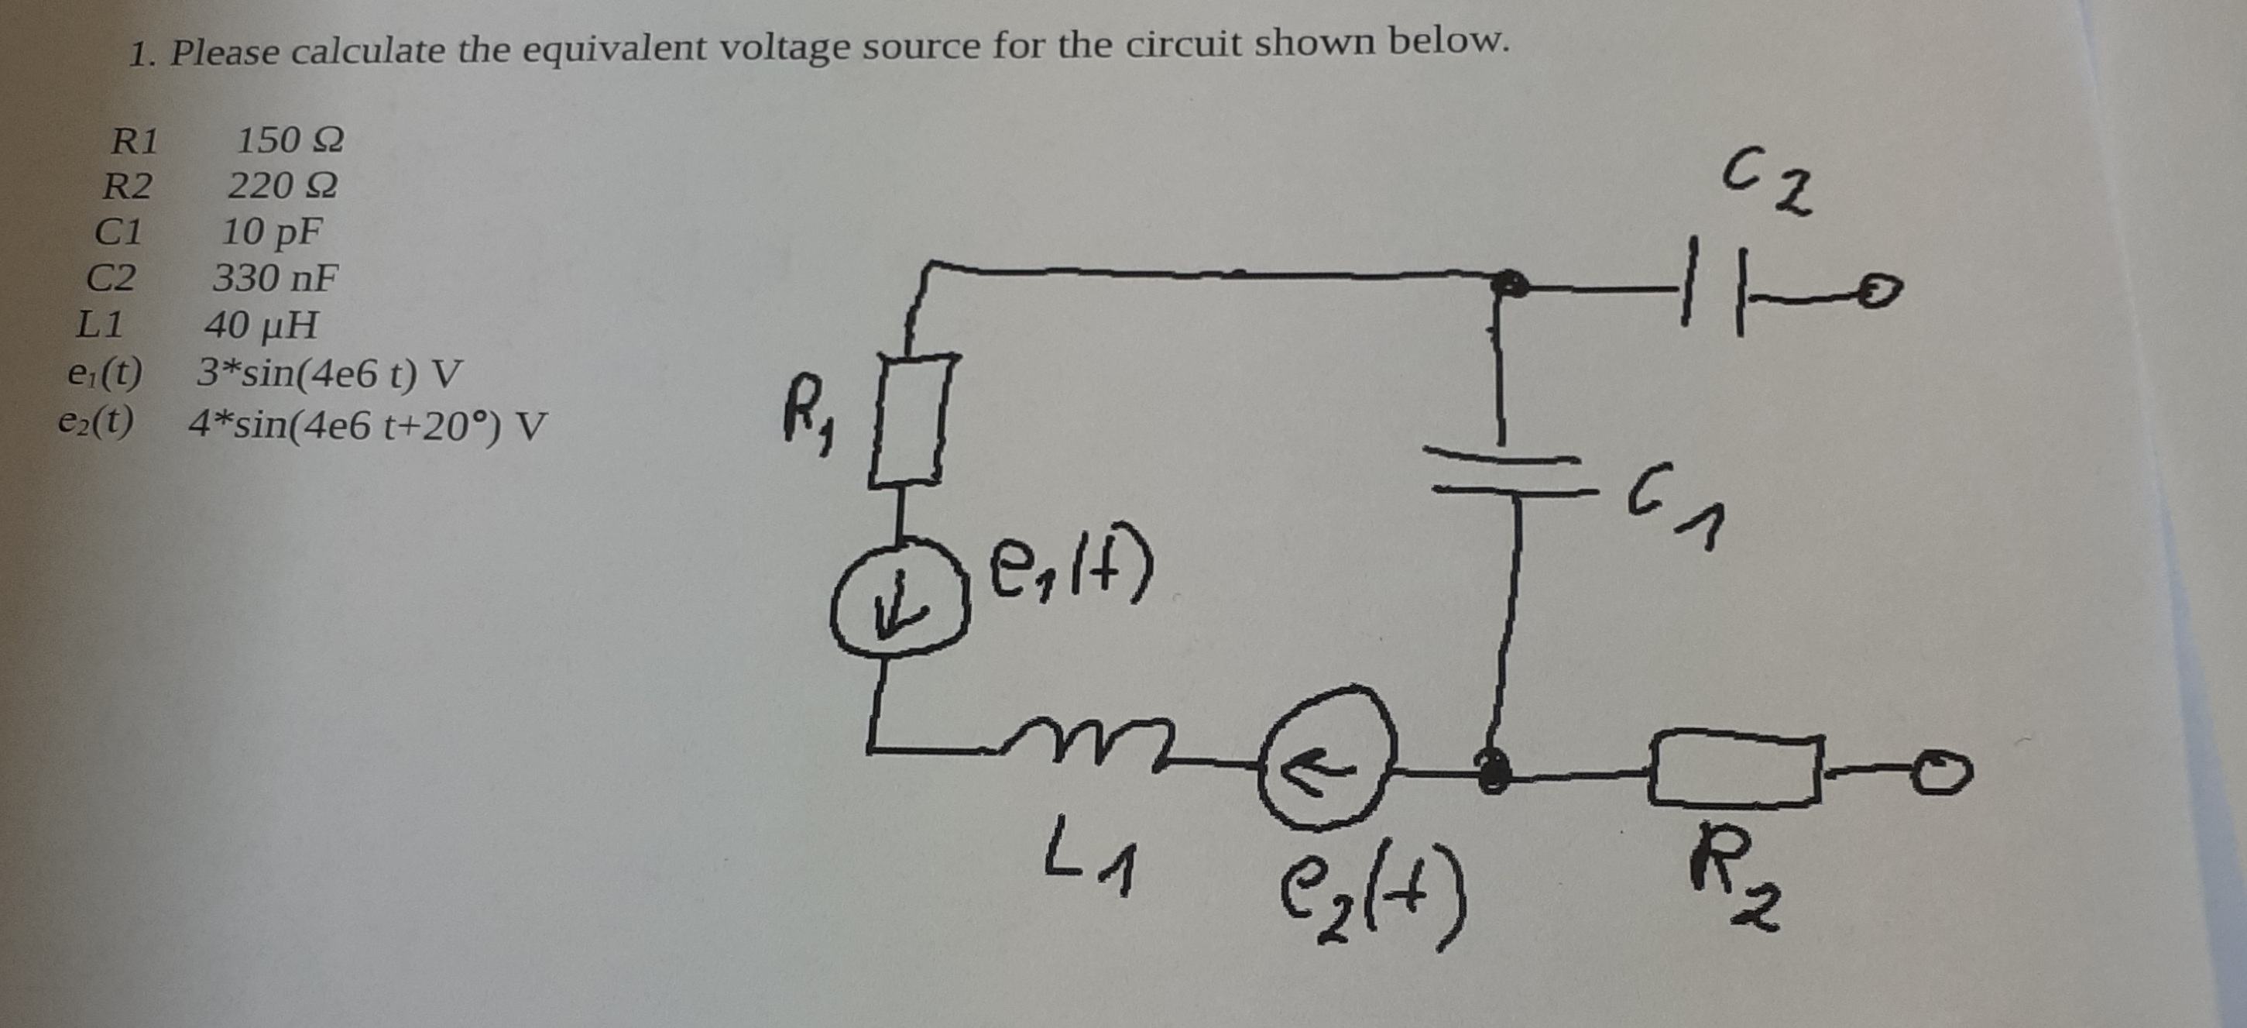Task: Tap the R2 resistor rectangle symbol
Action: click(x=1734, y=772)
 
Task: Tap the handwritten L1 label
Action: click(x=1089, y=865)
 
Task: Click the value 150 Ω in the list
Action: click(x=290, y=139)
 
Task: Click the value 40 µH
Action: click(x=261, y=326)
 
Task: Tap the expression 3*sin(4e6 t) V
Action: click(x=328, y=374)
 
